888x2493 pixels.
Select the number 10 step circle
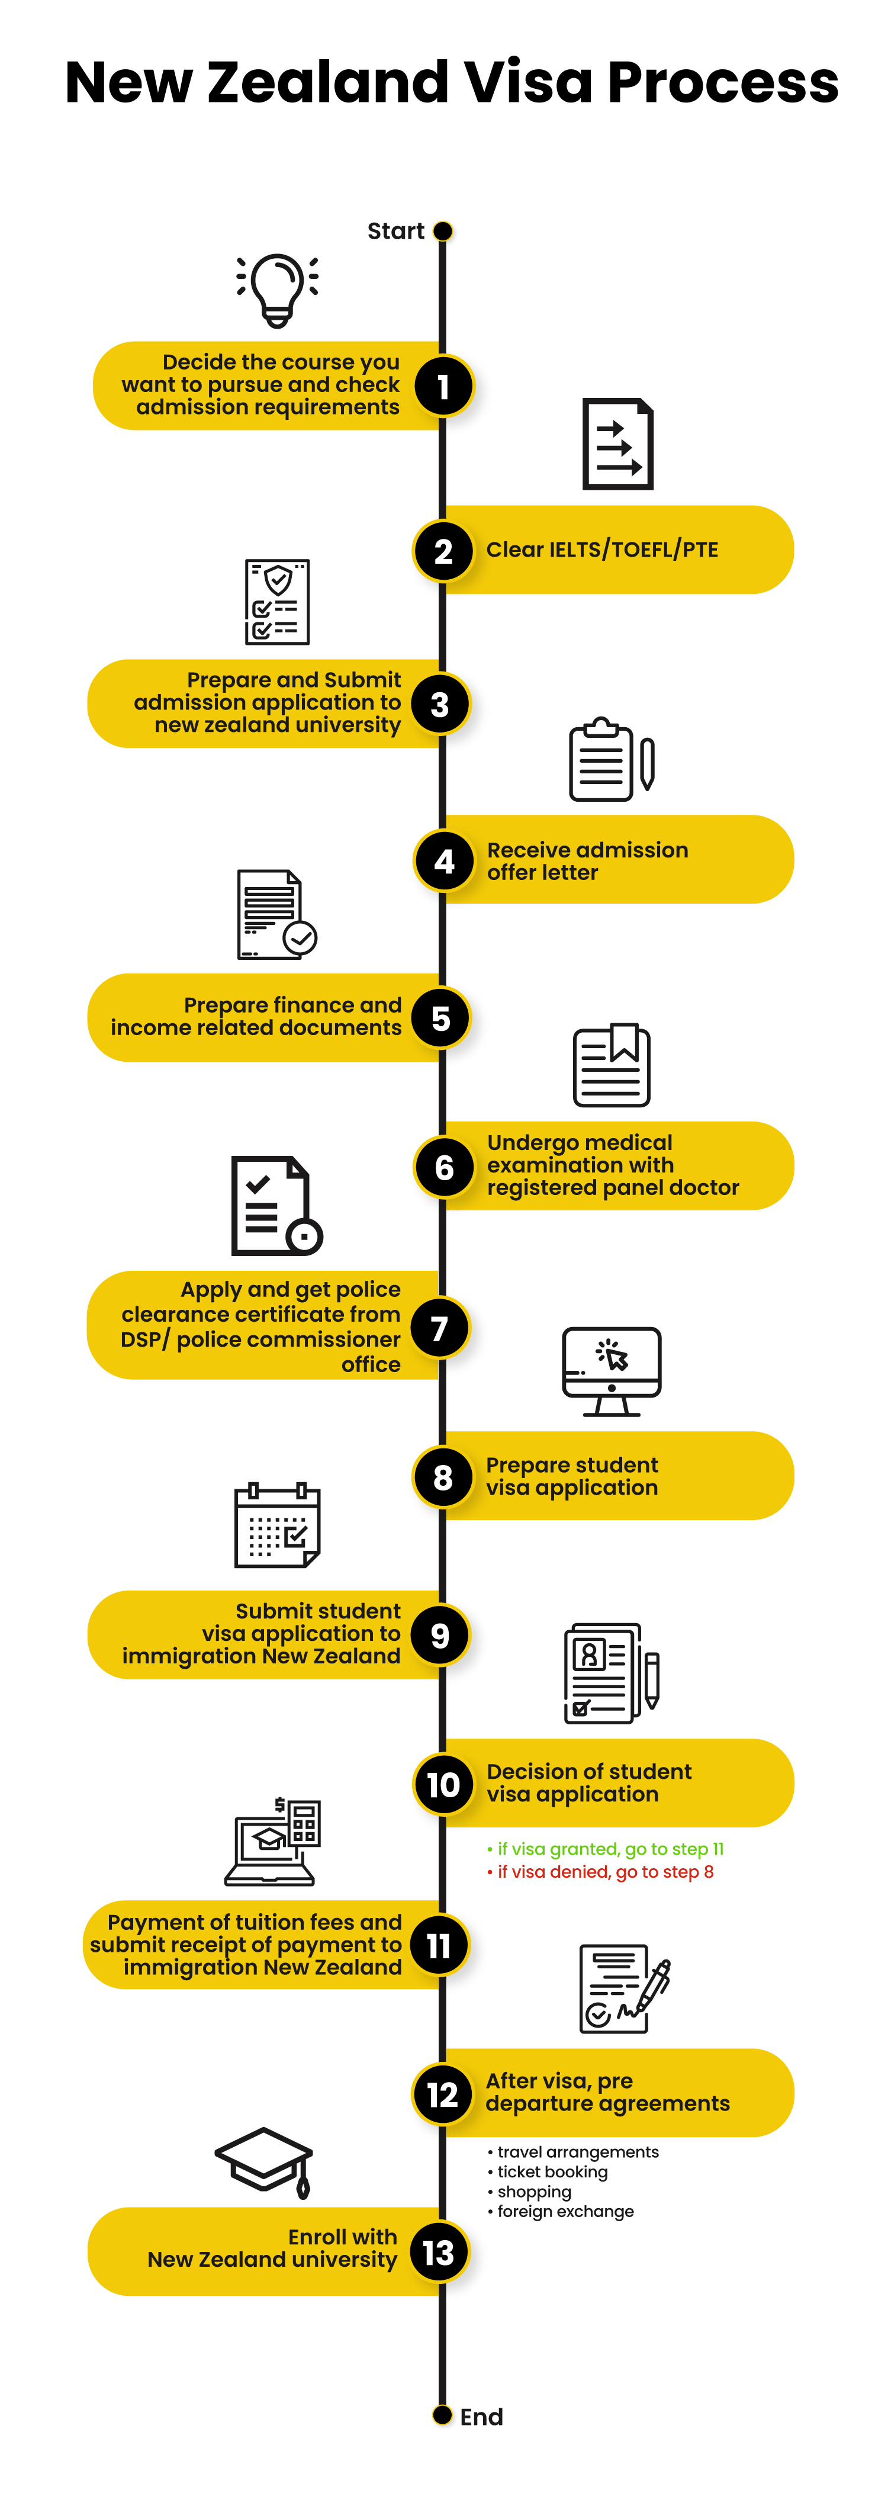(x=443, y=1784)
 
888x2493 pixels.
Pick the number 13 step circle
(x=439, y=2252)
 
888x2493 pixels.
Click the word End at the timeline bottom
(x=481, y=2417)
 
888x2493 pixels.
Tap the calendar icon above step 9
(x=278, y=1525)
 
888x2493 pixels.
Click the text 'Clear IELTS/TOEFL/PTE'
(x=601, y=550)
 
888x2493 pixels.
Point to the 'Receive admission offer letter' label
(x=587, y=860)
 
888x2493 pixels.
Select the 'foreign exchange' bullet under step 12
(x=565, y=2211)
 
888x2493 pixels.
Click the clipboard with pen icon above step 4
(x=612, y=760)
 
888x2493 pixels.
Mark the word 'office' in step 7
(x=371, y=1364)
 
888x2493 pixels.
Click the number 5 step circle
(x=441, y=1018)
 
